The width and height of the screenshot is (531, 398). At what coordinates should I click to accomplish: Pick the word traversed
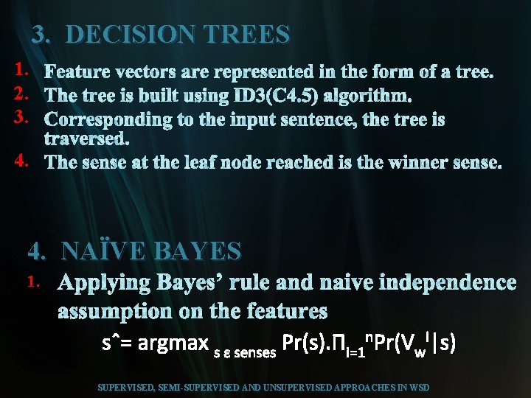(x=87, y=139)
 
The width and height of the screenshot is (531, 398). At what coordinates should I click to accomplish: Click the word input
(x=270, y=119)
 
